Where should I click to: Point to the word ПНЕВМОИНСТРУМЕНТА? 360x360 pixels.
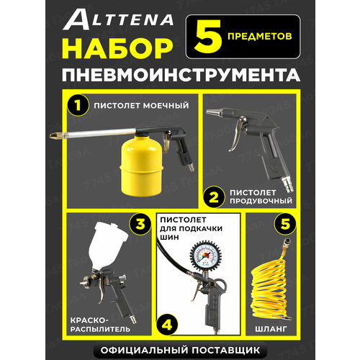(x=181, y=76)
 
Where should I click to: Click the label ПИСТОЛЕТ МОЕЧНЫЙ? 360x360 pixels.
(x=141, y=106)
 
